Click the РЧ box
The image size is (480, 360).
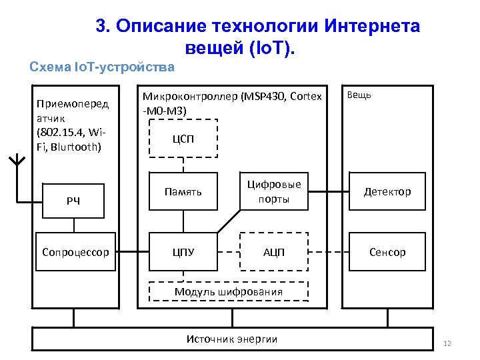(74, 201)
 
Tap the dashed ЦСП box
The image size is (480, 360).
(183, 139)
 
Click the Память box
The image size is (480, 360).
(183, 192)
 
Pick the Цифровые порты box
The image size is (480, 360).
(274, 192)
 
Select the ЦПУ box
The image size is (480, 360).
(183, 252)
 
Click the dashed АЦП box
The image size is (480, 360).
(274, 252)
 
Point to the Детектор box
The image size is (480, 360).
(387, 192)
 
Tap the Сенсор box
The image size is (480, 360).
(387, 252)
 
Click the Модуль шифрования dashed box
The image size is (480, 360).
(229, 292)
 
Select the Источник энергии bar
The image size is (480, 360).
(232, 339)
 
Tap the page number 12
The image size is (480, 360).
(447, 343)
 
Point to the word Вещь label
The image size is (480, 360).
(359, 95)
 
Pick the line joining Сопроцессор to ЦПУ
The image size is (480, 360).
(133, 252)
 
